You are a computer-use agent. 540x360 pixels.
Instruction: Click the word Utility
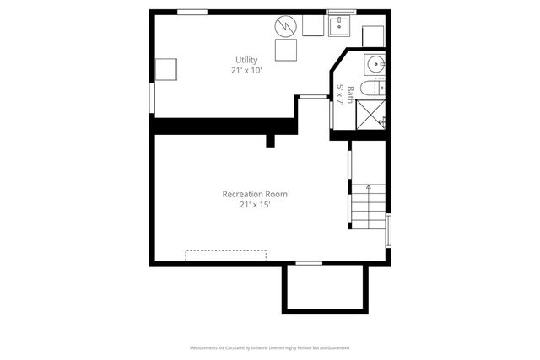246,60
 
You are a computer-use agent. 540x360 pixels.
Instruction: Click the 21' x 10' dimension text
246,71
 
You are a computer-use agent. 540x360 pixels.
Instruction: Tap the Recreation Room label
255,194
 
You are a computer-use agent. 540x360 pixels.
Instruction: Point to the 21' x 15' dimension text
255,205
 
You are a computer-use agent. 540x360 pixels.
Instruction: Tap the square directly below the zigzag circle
284,51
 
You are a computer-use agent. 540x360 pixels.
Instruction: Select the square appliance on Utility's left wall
165,69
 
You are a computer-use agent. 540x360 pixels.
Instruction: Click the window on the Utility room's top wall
192,12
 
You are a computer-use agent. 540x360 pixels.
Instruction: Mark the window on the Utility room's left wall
151,98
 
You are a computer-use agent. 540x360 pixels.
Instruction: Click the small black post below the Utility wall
270,140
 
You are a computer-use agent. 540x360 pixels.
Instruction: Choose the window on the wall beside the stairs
388,230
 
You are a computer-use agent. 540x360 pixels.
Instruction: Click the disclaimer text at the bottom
270,347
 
